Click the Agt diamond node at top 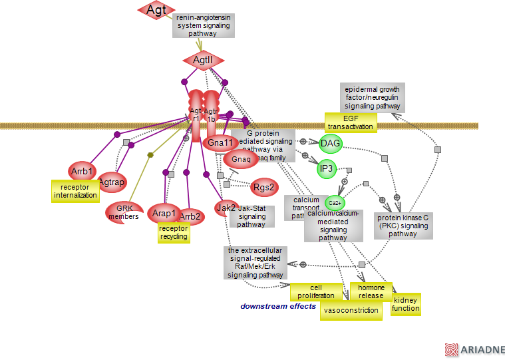[x=156, y=10]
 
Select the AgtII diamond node [x=203, y=61]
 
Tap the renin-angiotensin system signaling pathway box [x=202, y=25]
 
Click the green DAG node [x=331, y=143]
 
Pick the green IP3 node [x=327, y=169]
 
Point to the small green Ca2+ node [x=335, y=202]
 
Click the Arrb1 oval [x=83, y=171]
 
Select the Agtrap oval [x=112, y=182]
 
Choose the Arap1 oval [x=164, y=214]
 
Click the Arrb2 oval [x=190, y=216]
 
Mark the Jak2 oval [x=226, y=208]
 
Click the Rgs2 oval [x=264, y=188]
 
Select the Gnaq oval [x=241, y=159]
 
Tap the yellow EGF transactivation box [x=351, y=122]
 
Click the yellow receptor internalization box [x=75, y=191]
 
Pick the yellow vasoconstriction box [x=351, y=310]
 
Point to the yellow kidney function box [x=406, y=304]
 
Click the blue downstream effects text [x=278, y=306]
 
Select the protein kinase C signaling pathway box [x=403, y=226]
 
